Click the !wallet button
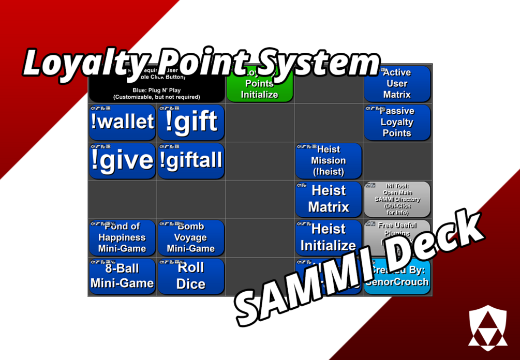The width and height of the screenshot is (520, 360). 122,123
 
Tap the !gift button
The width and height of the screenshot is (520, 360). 191,123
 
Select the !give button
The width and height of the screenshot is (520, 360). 122,161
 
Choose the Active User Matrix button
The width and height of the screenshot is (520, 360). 397,84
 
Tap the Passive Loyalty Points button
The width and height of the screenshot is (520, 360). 397,123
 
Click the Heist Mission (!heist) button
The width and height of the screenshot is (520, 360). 329,161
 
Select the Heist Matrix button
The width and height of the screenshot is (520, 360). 329,199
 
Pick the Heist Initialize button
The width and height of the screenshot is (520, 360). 329,237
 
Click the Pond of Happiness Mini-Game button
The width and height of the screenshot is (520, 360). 122,237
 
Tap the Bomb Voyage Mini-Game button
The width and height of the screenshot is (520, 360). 191,237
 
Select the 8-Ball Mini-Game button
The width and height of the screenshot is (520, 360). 122,276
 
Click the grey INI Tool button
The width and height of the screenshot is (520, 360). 397,199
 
